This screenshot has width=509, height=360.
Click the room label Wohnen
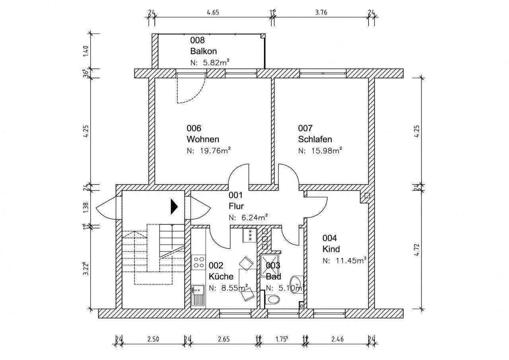(203, 140)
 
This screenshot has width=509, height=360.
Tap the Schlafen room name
(315, 140)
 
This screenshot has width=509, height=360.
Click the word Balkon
(203, 51)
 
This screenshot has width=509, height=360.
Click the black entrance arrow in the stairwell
(174, 206)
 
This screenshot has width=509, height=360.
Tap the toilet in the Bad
(273, 300)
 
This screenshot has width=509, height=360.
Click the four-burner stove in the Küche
(198, 261)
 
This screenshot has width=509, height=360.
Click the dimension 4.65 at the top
(213, 12)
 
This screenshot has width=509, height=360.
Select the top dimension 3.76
(321, 12)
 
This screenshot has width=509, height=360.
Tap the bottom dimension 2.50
(153, 339)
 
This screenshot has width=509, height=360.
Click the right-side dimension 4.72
(417, 248)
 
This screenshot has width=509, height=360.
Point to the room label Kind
(331, 249)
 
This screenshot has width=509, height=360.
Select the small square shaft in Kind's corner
(367, 195)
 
